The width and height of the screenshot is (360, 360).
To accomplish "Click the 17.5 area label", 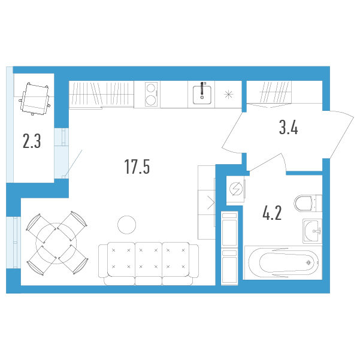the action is (137, 167).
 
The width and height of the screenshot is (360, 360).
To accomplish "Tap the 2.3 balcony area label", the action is (32, 141).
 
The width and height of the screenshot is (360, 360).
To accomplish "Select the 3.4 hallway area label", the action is (288, 128).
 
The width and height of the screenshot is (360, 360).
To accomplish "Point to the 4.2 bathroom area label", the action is (272, 213).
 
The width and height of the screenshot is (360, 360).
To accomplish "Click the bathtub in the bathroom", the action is (283, 262).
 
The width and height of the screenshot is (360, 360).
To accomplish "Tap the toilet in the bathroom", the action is (308, 203).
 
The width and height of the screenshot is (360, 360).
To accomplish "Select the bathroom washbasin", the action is (312, 231).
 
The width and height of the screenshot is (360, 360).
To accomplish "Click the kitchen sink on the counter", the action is (202, 95).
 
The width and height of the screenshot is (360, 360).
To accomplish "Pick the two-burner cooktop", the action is (151, 95).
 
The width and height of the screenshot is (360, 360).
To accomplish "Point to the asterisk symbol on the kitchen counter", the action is (228, 95).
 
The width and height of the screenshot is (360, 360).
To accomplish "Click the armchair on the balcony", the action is (35, 99).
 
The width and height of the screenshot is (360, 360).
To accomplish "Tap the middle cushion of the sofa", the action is (149, 259).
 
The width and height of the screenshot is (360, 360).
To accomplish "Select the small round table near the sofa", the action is (127, 225).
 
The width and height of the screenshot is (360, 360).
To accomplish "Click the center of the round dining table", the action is (56, 243).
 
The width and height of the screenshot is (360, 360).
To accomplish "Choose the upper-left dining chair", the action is (41, 228).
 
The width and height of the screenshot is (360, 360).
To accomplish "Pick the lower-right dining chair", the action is (74, 259).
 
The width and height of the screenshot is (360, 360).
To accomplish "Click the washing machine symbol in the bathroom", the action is (236, 189).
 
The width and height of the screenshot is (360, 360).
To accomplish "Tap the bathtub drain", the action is (309, 262).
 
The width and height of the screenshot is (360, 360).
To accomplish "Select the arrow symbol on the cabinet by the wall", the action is (211, 202).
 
